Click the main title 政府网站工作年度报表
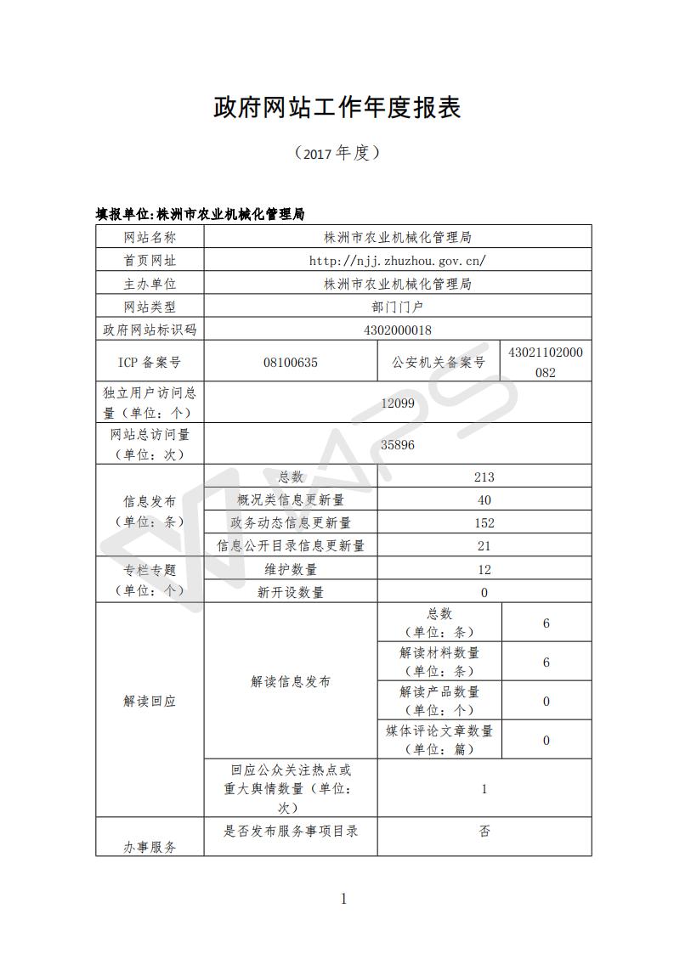337,108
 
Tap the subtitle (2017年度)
337,153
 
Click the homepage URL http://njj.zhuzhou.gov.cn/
398,261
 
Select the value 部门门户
398,307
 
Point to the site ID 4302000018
398,330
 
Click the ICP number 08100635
291,363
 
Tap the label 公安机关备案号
439,363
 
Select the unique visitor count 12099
398,403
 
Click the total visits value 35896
398,444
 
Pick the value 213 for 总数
484,477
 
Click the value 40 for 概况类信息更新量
484,500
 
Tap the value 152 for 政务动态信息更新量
484,523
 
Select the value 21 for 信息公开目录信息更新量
484,546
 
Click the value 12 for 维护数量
484,570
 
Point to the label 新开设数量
291,593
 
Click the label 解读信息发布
291,681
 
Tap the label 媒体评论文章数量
439,730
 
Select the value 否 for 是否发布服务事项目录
484,832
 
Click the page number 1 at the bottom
343,899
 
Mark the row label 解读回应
150,702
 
